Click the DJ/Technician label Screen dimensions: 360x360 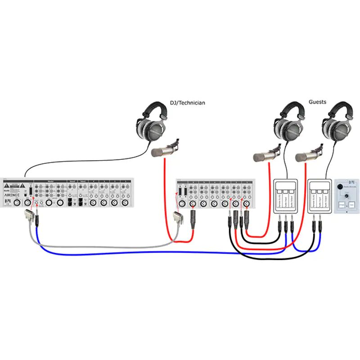point(187,103)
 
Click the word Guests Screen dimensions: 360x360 point(317,102)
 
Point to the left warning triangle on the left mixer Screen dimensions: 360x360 point(7,186)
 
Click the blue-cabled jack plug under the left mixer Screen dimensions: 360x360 point(36,220)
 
